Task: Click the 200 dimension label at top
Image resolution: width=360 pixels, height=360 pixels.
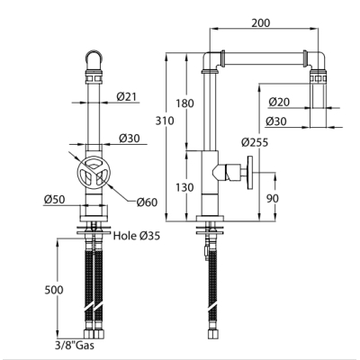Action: coord(260,22)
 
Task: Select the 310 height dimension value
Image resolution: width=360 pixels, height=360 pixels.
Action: coord(165,121)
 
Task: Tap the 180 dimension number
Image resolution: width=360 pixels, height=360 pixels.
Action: coord(184,103)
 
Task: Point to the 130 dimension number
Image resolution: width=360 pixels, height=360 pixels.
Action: coord(184,187)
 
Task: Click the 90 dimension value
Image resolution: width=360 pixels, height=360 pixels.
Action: coord(272,198)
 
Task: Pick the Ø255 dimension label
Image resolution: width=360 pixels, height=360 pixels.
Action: coord(255,142)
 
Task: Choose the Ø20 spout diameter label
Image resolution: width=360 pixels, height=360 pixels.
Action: coord(279,102)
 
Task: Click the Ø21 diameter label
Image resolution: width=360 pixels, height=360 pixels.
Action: coord(126,96)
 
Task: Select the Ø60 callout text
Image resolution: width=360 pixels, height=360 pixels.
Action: coord(147,202)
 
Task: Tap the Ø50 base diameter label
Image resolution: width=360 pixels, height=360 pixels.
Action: coord(54,199)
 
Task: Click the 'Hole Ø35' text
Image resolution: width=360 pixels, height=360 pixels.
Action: coord(137,236)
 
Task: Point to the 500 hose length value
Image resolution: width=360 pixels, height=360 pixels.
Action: coord(54,290)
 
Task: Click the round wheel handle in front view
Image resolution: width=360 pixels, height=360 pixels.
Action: coord(94,174)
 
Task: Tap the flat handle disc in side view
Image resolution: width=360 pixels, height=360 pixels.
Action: coord(250,173)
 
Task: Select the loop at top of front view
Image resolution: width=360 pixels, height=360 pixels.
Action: coord(94,58)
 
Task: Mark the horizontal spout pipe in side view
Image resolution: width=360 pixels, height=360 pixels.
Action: coord(264,58)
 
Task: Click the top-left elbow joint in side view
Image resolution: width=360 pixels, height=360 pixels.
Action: coord(212,61)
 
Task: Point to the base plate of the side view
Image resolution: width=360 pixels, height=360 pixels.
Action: coord(210,219)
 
